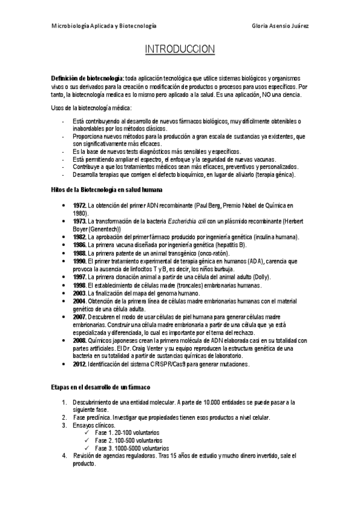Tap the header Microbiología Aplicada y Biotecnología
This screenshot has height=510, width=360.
click(104, 26)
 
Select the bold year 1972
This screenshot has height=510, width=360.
click(80, 205)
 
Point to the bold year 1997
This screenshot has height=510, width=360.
click(80, 277)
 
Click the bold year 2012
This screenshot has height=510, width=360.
click(80, 364)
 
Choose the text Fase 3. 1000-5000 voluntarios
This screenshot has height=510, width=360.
click(132, 448)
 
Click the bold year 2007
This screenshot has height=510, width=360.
click(80, 316)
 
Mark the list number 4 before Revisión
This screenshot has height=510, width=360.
click(64, 456)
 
